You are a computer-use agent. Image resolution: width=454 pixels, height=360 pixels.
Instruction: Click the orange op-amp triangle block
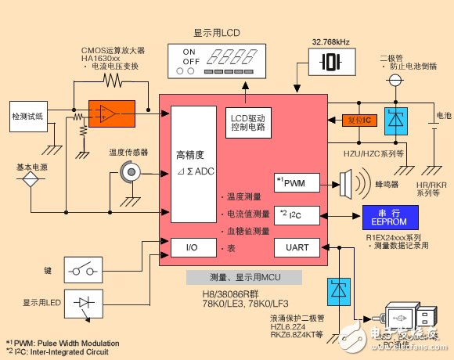(x=106, y=114)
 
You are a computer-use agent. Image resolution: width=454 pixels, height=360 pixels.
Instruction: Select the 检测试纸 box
(x=31, y=115)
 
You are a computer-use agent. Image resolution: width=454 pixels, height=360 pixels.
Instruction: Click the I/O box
(x=191, y=249)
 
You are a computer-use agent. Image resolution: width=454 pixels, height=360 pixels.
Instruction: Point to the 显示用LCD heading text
(x=216, y=34)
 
